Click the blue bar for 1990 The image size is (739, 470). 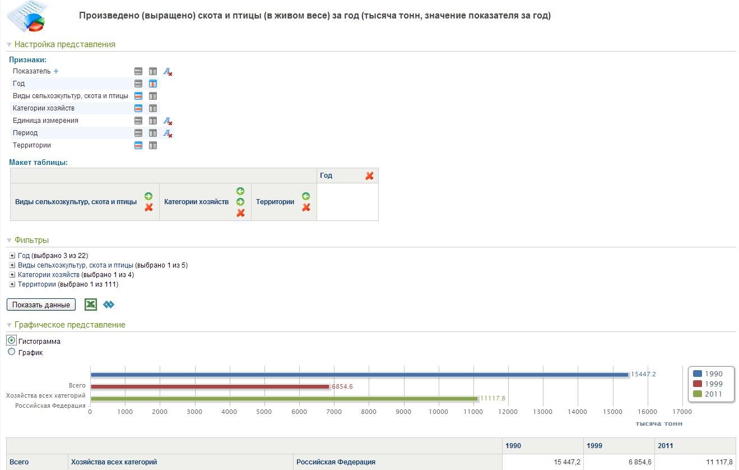359,375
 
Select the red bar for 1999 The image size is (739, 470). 210,386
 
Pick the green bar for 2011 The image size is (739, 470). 283,399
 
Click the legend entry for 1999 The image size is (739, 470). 709,384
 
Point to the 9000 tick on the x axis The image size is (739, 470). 404,412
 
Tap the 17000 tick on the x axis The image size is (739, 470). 682,412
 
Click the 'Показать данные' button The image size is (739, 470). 41,305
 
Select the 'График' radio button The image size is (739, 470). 12,352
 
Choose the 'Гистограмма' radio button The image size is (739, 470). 12,340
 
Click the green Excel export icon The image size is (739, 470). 91,305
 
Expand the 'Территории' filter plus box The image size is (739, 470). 12,284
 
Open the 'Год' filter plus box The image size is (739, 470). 12,256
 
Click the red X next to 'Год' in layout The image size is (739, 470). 369,176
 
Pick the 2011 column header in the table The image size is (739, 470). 666,446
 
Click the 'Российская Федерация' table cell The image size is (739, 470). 336,462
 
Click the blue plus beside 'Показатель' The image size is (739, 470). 56,71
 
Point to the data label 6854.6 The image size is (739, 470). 342,386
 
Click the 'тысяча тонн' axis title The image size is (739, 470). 659,423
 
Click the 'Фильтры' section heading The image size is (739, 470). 31,240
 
